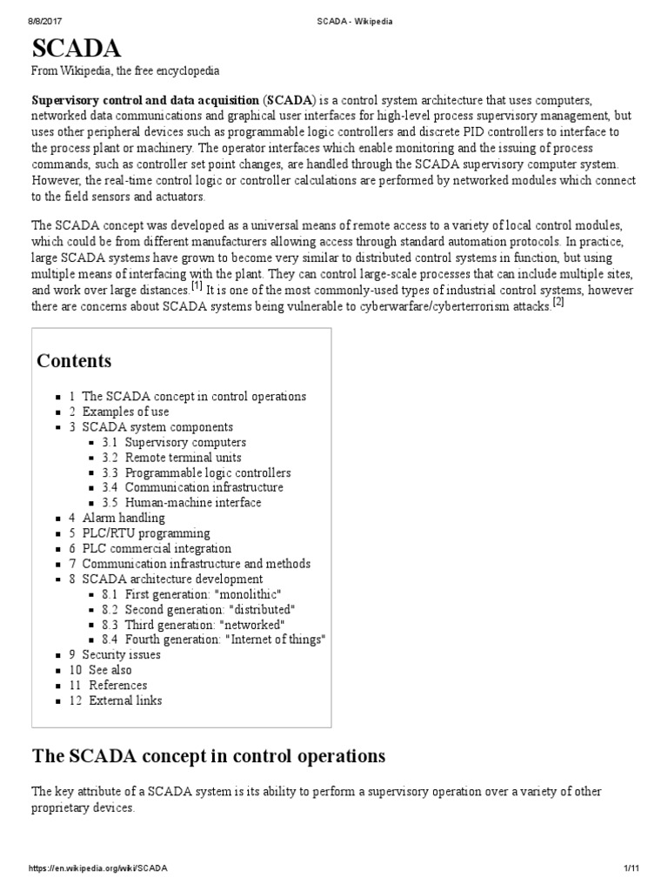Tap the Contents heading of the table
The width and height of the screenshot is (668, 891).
click(x=74, y=360)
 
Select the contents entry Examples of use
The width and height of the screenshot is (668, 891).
click(x=125, y=412)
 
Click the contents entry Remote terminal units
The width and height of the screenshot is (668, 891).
click(x=183, y=457)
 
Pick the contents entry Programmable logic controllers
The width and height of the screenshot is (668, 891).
click(x=207, y=472)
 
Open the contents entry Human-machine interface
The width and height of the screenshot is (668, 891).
click(x=192, y=502)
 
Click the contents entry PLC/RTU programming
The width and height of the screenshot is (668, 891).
click(x=145, y=533)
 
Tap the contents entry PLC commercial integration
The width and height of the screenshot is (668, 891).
click(x=157, y=548)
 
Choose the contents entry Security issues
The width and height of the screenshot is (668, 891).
click(x=121, y=654)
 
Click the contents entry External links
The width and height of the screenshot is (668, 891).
click(x=125, y=700)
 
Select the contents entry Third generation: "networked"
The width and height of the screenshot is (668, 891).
click(x=204, y=625)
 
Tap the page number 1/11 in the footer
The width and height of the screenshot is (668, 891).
click(x=631, y=869)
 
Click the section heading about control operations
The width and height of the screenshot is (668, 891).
click(x=208, y=755)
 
